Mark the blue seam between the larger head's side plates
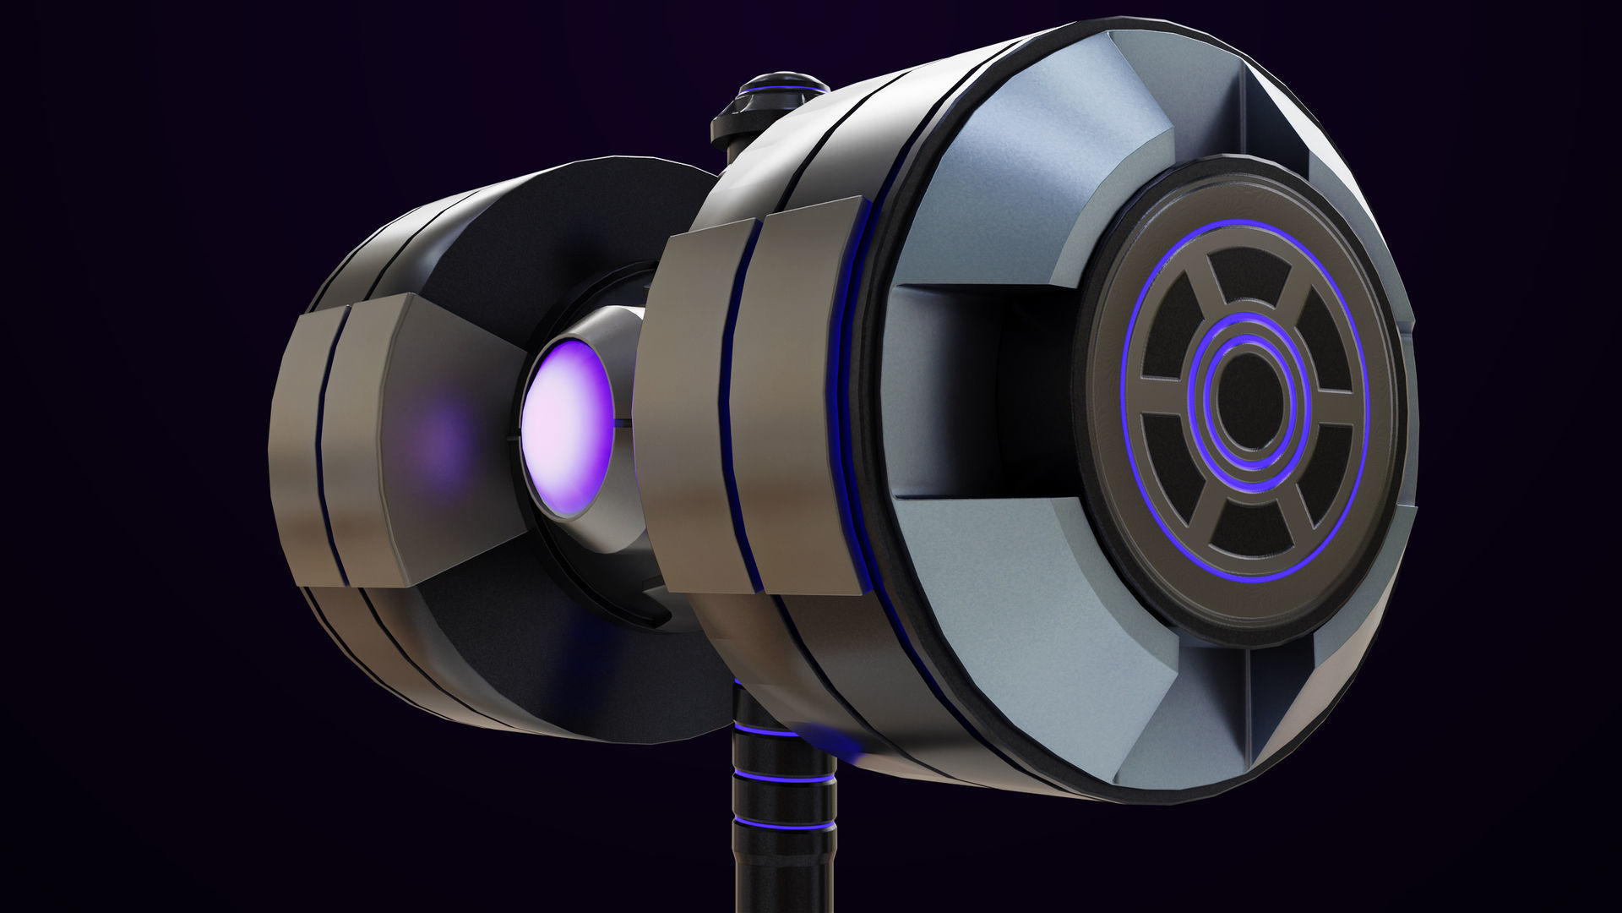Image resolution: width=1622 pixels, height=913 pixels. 747,406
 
